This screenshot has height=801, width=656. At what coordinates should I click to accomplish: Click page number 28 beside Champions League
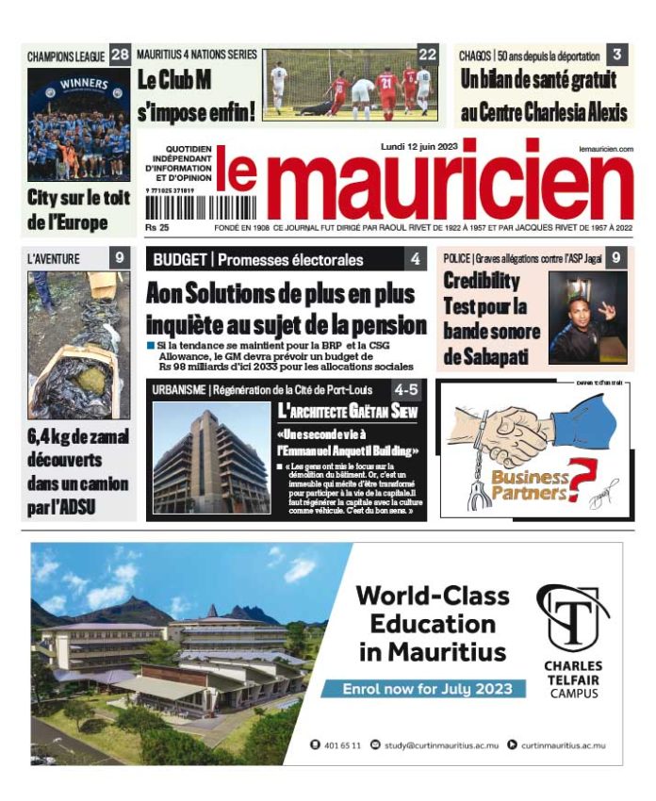click(120, 55)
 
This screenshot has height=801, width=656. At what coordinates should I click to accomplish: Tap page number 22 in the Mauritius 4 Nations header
click(428, 54)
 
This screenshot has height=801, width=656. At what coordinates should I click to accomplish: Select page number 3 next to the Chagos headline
click(616, 55)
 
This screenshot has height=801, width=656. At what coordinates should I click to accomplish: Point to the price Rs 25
click(157, 227)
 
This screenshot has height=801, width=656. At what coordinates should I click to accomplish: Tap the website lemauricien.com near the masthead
click(606, 149)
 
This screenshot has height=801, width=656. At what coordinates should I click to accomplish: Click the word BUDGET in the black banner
click(180, 259)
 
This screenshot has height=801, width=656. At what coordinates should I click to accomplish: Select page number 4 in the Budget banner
click(415, 259)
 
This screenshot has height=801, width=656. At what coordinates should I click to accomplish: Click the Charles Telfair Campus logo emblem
click(572, 616)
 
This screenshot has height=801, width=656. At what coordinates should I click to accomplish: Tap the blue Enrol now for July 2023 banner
click(422, 688)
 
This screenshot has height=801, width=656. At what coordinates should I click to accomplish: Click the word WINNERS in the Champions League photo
click(84, 84)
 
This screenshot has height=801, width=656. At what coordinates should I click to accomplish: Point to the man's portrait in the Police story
click(587, 319)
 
